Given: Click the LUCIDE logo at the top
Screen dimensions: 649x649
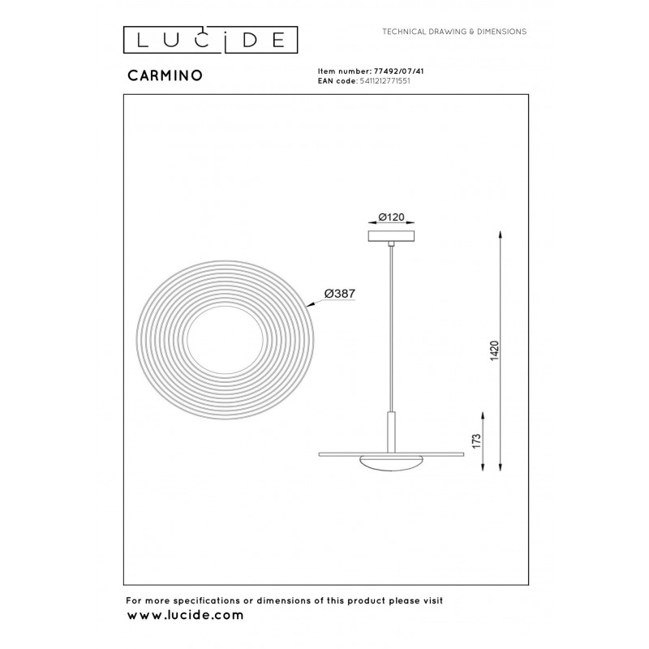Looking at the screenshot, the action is [210, 40].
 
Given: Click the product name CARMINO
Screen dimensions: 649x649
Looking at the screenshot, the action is [165, 75].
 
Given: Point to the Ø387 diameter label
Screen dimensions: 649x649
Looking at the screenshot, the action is [340, 294].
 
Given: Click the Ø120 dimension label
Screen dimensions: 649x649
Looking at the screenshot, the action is [391, 217].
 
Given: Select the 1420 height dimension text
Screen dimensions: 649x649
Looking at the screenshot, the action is [495, 350].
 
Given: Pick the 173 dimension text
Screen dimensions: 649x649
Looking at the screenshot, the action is [477, 441].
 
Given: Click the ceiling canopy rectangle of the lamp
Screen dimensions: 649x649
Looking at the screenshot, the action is [391, 236].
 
